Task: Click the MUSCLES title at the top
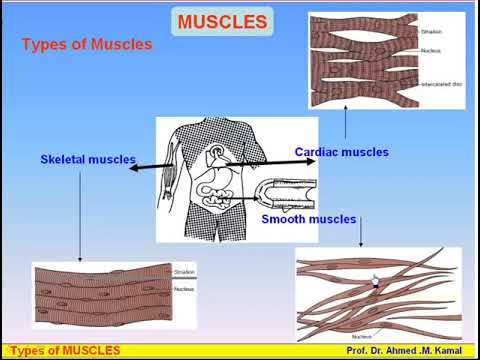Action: pyautogui.click(x=222, y=21)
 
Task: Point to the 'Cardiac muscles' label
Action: pyautogui.click(x=341, y=152)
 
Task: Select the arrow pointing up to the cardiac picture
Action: pyautogui.click(x=344, y=125)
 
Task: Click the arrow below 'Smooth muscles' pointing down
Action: pyautogui.click(x=360, y=234)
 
